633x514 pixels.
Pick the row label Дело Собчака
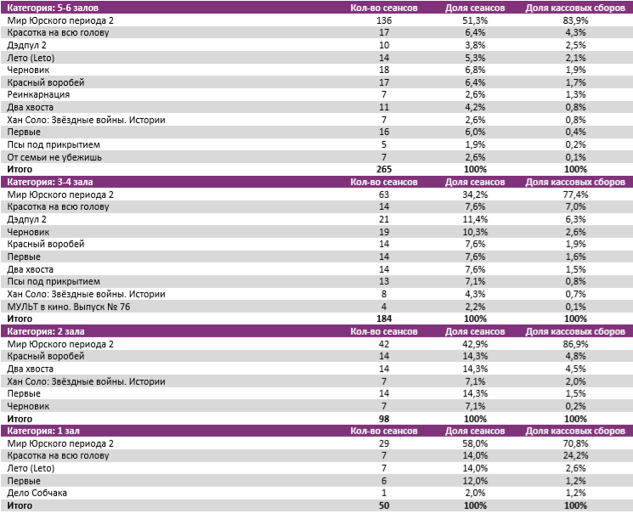pos(37,493)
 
